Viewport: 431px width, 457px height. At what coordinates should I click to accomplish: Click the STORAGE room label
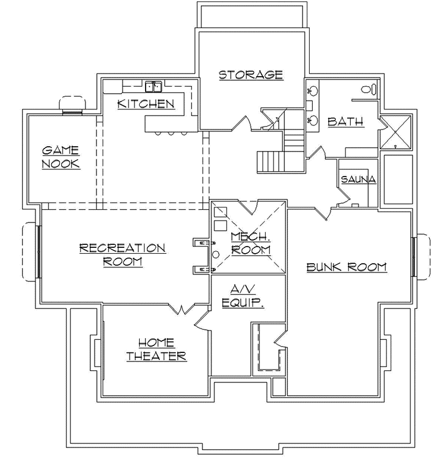pyautogui.click(x=250, y=75)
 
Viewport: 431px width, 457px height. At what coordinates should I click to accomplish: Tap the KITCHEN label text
pyautogui.click(x=146, y=104)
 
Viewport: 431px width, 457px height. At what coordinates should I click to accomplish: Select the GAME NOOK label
pyautogui.click(x=61, y=157)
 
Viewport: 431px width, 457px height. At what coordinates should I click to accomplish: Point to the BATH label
pyautogui.click(x=346, y=122)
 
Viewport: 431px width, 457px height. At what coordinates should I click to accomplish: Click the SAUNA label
pyautogui.click(x=358, y=179)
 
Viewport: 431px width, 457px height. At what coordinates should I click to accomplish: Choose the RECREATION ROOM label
pyautogui.click(x=122, y=254)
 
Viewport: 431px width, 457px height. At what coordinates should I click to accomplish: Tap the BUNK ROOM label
pyautogui.click(x=347, y=267)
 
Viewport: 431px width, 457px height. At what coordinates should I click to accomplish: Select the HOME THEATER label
pyautogui.click(x=156, y=349)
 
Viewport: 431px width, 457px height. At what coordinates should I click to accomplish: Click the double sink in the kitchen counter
pyautogui.click(x=155, y=88)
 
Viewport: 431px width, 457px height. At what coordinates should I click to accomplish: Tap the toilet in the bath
pyautogui.click(x=369, y=90)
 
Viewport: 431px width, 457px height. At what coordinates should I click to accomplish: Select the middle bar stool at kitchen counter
pyautogui.click(x=171, y=133)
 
